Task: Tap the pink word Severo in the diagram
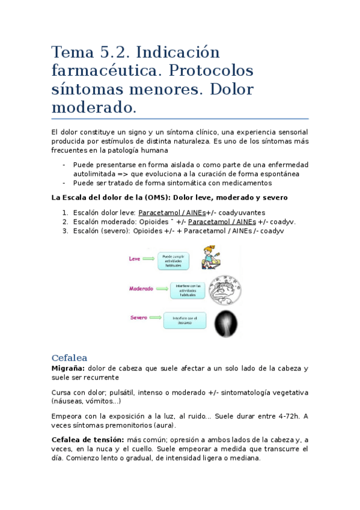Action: click(x=138, y=318)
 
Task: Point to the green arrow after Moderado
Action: click(x=162, y=289)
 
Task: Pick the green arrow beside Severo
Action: click(x=155, y=318)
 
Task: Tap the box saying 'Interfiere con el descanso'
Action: click(x=185, y=320)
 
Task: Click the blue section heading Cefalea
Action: click(x=70, y=357)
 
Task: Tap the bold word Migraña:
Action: click(x=67, y=368)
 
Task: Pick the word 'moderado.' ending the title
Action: click(x=94, y=108)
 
